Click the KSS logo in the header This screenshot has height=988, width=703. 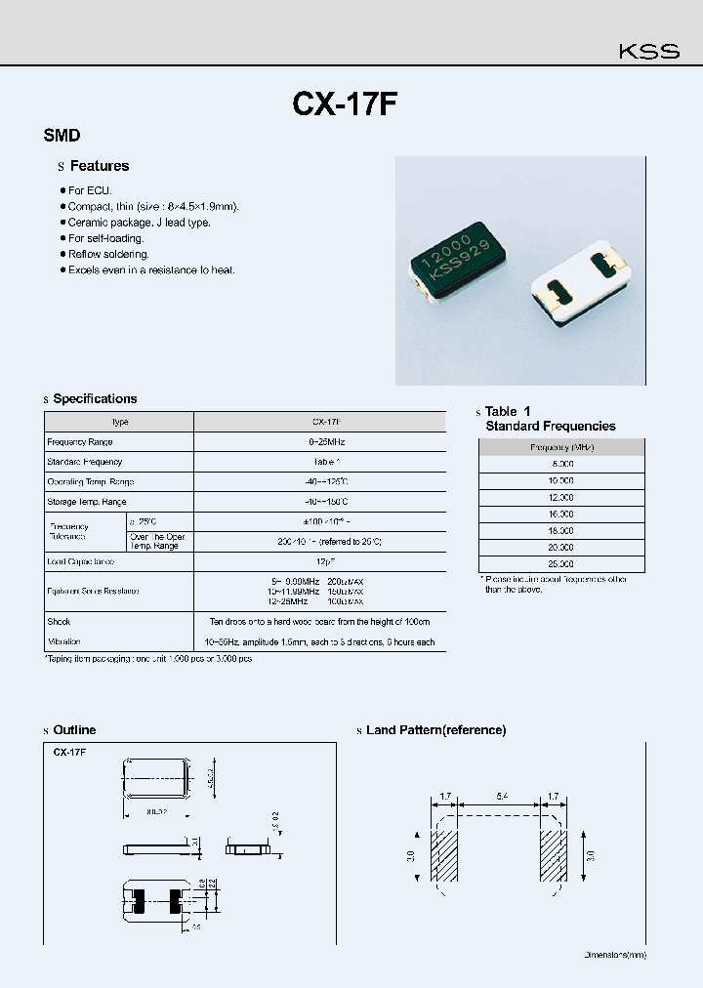click(x=647, y=52)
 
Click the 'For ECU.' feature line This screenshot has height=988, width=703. click(x=90, y=191)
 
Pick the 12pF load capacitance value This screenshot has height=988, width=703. click(x=320, y=562)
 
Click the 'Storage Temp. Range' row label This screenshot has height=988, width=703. click(x=87, y=502)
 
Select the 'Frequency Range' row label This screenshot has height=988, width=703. click(x=80, y=442)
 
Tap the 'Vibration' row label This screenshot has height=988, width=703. click(x=63, y=641)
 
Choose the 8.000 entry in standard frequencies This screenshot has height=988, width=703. click(x=562, y=465)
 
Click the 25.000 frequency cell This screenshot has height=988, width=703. click(x=562, y=564)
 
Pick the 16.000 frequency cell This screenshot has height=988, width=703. click(x=562, y=515)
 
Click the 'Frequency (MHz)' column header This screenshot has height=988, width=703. click(x=562, y=447)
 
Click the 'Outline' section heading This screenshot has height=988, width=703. click(x=74, y=730)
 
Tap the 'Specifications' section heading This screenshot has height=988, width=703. click(x=95, y=398)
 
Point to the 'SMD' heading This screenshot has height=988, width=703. click(x=62, y=137)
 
